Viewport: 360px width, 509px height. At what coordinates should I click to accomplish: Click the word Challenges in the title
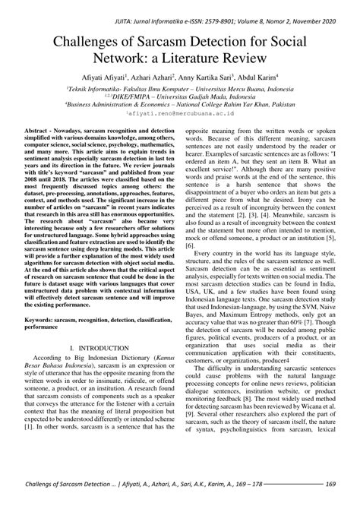pyautogui.click(x=91, y=43)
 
